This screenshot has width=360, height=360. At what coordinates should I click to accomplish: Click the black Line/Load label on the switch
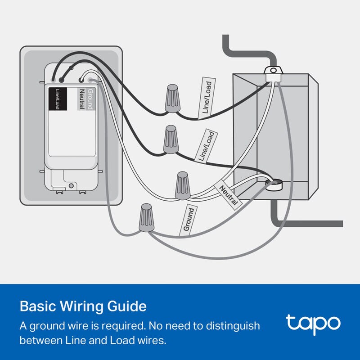pyautogui.click(x=57, y=98)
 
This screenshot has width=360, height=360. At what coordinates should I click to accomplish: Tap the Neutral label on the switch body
pyautogui.click(x=82, y=98)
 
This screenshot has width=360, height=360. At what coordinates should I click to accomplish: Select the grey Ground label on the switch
pyautogui.click(x=90, y=98)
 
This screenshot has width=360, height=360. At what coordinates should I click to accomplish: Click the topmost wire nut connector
pyautogui.click(x=172, y=98)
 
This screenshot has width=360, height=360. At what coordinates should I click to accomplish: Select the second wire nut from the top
pyautogui.click(x=171, y=140)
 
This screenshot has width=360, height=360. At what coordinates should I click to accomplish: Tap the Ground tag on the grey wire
pyautogui.click(x=189, y=219)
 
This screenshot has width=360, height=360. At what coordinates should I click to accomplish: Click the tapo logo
pyautogui.click(x=312, y=323)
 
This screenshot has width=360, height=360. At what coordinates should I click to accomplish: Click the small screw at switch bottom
pyautogui.click(x=71, y=185)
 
